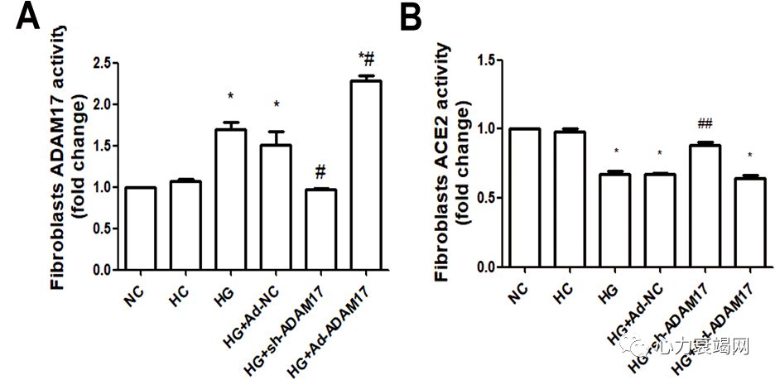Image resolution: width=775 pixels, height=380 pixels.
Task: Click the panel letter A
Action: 27,17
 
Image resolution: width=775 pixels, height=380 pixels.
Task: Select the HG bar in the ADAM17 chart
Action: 230,200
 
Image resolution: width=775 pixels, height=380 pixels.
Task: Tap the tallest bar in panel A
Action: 366,175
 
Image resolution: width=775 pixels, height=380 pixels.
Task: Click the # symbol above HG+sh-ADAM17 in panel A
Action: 320,171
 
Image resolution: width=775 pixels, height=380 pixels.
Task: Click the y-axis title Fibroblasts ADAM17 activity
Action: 59,157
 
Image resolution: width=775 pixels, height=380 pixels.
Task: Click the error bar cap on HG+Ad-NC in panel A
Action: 276,132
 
